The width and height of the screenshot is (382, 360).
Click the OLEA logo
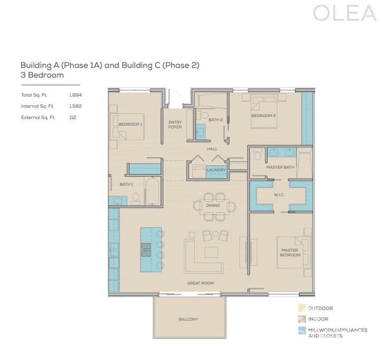(344, 14)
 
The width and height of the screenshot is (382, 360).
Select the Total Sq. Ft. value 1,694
(75, 95)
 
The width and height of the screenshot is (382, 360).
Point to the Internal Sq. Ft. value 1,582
(75, 106)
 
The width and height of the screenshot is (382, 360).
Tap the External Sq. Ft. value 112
(72, 117)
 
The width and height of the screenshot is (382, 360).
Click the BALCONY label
(188, 319)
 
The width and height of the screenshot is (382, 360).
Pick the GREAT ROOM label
(200, 283)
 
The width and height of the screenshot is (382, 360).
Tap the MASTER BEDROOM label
(290, 253)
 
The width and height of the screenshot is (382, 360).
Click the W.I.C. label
(279, 194)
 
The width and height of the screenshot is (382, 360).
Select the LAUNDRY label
(216, 170)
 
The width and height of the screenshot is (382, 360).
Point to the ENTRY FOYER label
(175, 125)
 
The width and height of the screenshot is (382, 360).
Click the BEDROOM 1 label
(130, 124)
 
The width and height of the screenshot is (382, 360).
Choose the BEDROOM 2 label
(263, 115)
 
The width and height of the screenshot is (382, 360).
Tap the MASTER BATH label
(280, 167)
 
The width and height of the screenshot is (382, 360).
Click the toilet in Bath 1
(135, 198)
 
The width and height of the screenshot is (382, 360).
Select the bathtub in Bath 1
(152, 192)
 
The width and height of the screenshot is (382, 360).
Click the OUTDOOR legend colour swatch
(301, 308)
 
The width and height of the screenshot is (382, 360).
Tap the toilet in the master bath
(257, 154)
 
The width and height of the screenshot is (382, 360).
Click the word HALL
(212, 149)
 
